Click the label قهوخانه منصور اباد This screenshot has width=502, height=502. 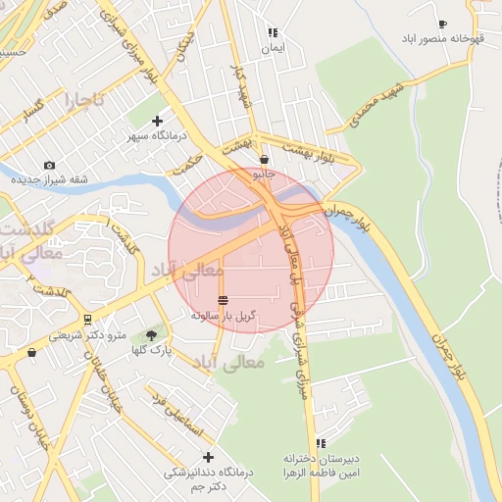(441, 38)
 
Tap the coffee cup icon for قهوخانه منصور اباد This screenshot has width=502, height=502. (442, 25)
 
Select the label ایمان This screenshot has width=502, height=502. (272, 46)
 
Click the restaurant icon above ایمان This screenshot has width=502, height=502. (272, 32)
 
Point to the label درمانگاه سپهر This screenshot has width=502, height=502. (157, 135)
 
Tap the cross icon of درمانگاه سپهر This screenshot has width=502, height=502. (157, 121)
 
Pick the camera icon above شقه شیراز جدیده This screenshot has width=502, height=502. (50, 166)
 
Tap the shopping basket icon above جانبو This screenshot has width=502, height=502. (264, 160)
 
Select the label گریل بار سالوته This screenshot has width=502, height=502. (224, 316)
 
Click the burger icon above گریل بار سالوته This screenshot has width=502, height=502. (224, 300)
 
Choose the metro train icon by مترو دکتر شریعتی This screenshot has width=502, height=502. (88, 320)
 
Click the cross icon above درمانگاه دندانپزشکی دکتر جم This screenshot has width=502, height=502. (208, 457)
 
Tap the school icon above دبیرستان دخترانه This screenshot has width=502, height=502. (322, 444)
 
